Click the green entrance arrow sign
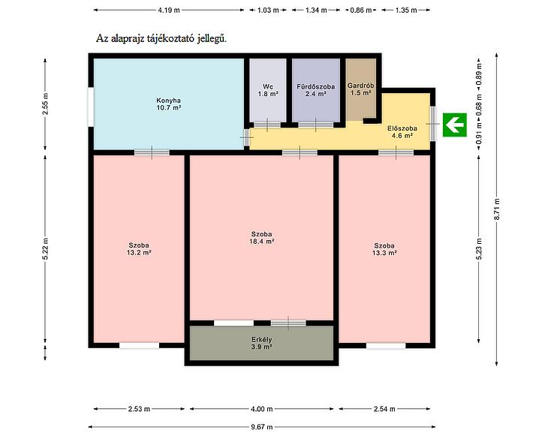455,125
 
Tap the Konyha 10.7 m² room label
168,104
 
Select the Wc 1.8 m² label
268,90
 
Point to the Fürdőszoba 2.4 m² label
315,90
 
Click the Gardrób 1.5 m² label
360,89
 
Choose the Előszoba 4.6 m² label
402,132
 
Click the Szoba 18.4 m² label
261,238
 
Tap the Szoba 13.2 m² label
139,248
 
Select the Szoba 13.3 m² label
384,249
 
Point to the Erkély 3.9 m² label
261,343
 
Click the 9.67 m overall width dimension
262,426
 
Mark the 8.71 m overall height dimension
497,209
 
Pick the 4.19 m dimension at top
169,11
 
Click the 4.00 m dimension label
262,409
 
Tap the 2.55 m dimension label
45,104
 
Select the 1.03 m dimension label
268,11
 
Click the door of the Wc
267,125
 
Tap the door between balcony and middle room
288,323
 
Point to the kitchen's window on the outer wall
91,107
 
